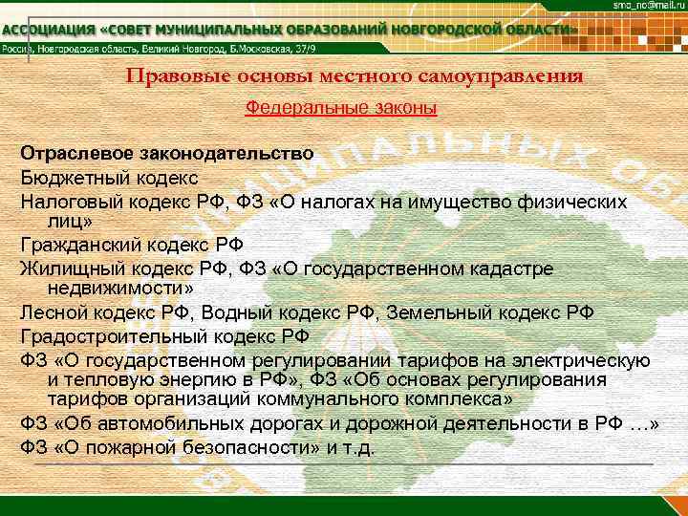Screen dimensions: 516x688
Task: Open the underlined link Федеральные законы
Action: (341, 109)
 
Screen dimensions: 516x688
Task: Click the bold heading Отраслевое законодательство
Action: (166, 153)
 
